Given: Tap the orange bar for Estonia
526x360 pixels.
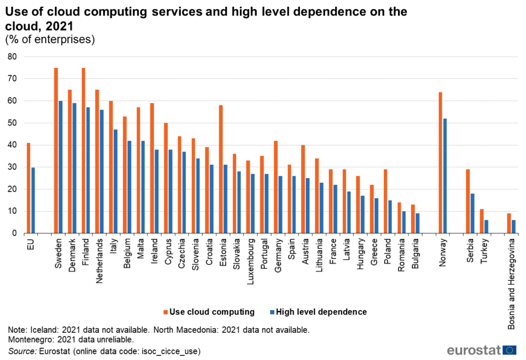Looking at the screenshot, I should click(220, 169).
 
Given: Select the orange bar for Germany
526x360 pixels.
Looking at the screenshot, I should click(275, 187).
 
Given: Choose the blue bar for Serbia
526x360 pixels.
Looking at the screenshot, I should click(472, 213).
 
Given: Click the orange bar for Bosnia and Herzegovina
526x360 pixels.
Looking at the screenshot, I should click(509, 223).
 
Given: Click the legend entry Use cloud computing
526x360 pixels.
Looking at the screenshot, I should click(211, 312).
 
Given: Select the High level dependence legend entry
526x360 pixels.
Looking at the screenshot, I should click(321, 312).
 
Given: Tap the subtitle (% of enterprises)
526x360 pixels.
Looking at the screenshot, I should click(50, 40).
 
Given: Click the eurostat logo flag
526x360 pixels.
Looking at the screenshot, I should click(510, 350).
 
